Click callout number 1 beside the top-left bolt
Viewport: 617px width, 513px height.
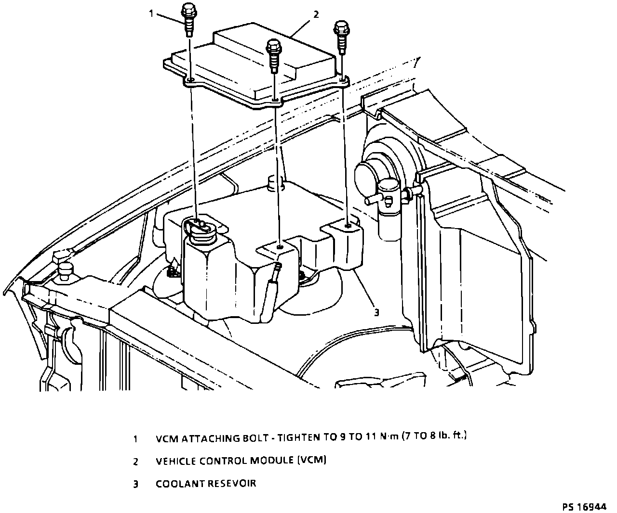[x=151, y=13]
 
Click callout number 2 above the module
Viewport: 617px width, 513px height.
[x=316, y=14]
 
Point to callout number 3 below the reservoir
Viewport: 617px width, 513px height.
[x=376, y=312]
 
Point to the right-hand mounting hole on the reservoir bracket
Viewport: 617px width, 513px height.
[x=348, y=224]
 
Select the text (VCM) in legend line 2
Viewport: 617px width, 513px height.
[x=312, y=461]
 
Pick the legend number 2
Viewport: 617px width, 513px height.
[x=135, y=462]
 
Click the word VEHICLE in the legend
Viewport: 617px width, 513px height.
[x=175, y=461]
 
